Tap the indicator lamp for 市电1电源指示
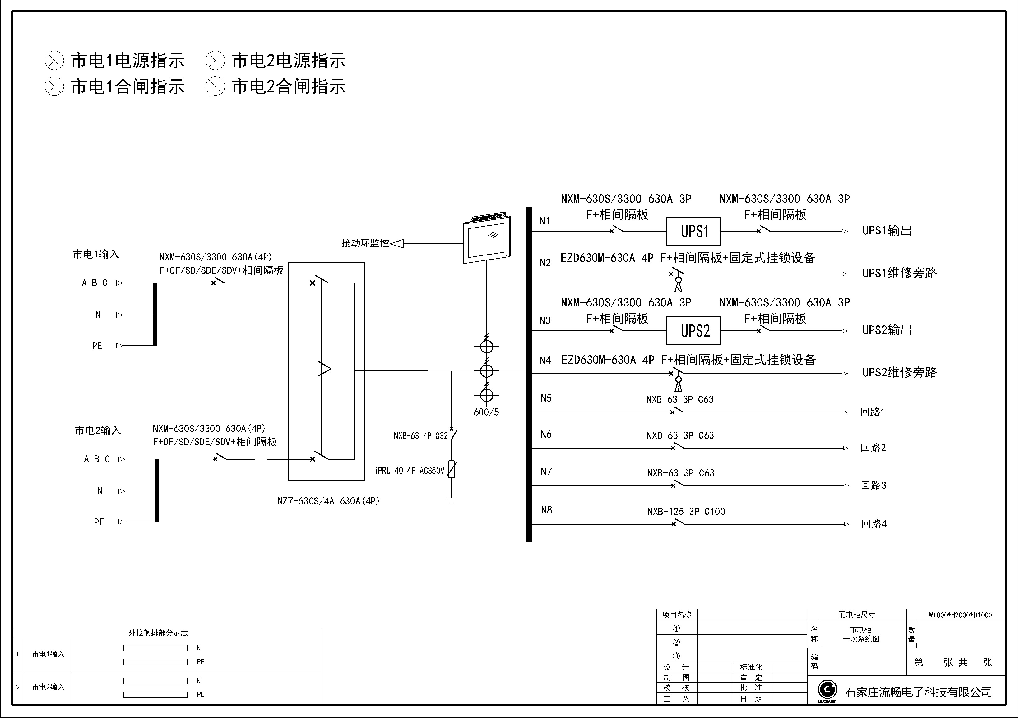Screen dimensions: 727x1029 coord(55,61)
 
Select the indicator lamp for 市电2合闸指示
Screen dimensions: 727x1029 coord(217,87)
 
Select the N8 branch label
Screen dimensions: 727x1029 coord(552,515)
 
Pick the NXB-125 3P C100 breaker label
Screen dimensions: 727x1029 coord(693,517)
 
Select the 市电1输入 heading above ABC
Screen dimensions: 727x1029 coord(97,257)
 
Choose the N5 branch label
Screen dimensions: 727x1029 coord(551,402)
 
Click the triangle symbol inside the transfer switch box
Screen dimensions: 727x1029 coord(327,373)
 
